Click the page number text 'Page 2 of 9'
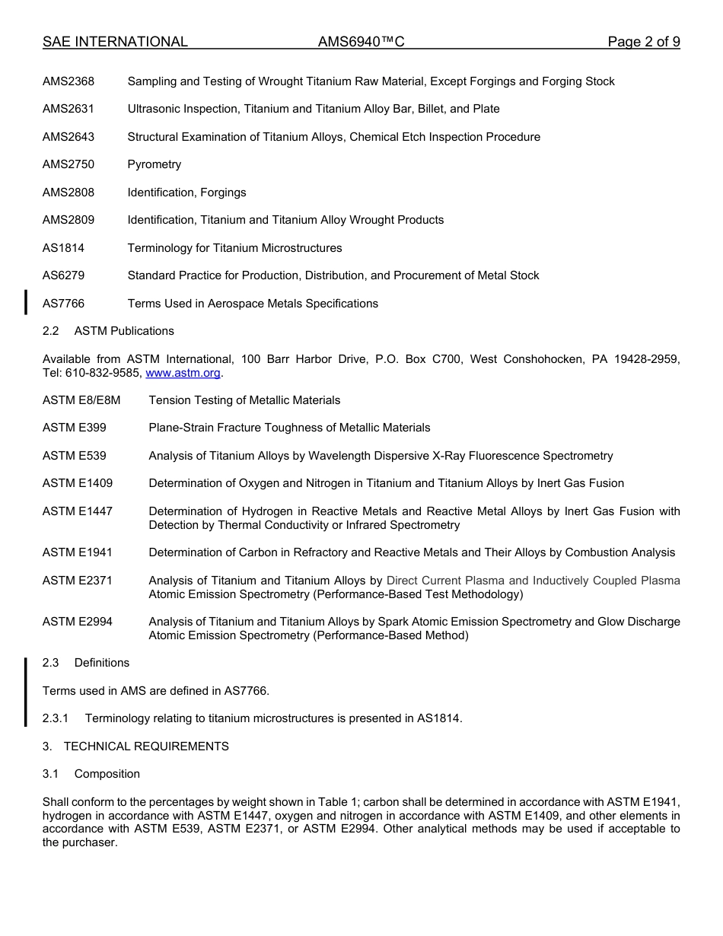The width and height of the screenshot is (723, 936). (644, 42)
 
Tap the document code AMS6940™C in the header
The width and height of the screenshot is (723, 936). (361, 42)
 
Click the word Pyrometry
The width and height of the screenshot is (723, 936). (154, 164)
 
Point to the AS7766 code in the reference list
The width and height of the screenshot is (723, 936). (63, 304)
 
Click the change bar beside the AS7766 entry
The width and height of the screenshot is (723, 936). (26, 302)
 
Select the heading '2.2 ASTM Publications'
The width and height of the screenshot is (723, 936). (108, 331)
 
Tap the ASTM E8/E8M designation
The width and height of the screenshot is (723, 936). (81, 400)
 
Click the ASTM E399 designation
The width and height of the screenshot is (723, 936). (75, 428)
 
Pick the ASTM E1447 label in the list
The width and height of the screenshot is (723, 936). (78, 511)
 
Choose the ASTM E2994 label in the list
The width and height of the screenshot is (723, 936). (78, 622)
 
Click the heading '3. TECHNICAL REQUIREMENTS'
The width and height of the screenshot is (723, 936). (135, 747)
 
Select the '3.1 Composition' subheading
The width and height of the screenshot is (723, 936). (91, 774)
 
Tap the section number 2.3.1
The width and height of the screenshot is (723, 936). (56, 718)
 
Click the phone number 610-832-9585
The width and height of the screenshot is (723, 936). (103, 373)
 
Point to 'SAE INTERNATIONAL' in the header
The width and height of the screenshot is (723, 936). (115, 42)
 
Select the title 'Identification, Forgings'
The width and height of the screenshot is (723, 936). (186, 193)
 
